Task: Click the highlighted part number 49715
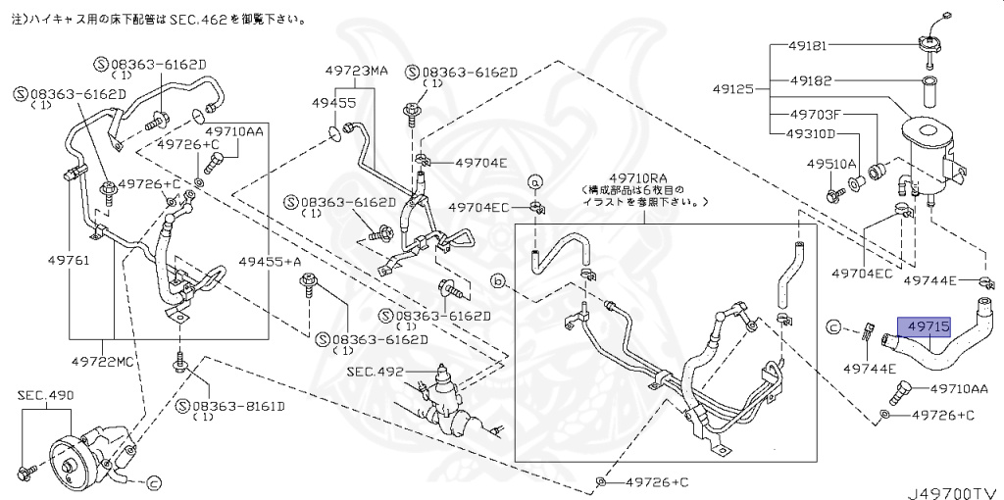pyautogui.click(x=927, y=327)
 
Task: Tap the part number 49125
pyautogui.click(x=733, y=88)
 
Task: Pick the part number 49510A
pyautogui.click(x=831, y=164)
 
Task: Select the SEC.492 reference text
pyautogui.click(x=376, y=373)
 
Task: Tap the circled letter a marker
pyautogui.click(x=536, y=181)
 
